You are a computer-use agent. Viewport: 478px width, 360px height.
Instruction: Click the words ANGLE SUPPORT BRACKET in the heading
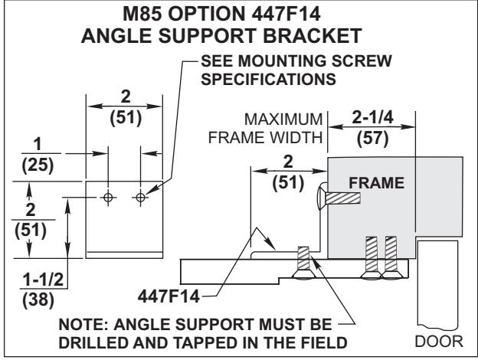(x=238, y=36)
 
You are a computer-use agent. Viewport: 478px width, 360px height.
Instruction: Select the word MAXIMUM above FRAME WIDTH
(x=290, y=121)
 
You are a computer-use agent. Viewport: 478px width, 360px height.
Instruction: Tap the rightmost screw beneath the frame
(x=391, y=257)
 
